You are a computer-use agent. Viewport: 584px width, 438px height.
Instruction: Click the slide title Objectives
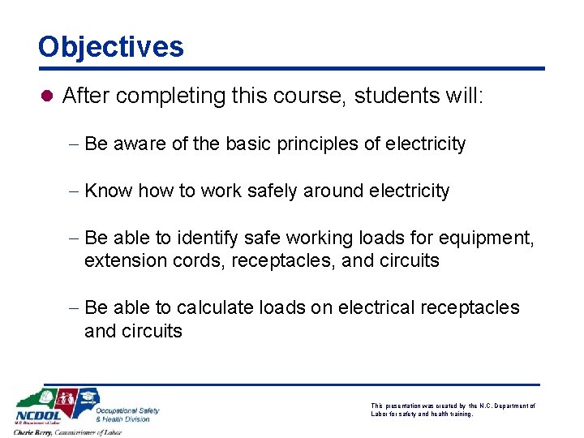pyautogui.click(x=111, y=46)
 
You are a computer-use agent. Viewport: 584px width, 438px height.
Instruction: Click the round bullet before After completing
pyautogui.click(x=47, y=97)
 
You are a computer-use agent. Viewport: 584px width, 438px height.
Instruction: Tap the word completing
pyautogui.click(x=177, y=96)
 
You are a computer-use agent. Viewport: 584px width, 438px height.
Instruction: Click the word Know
pyautogui.click(x=109, y=191)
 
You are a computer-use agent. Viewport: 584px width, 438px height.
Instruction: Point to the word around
pyautogui.click(x=333, y=191)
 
